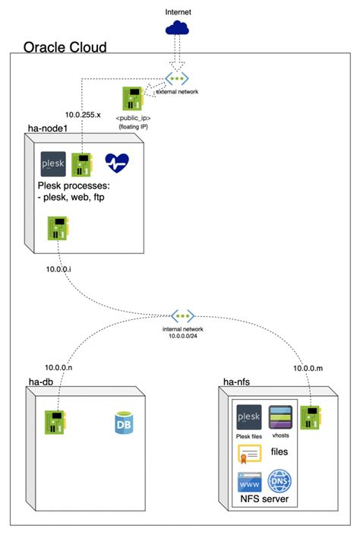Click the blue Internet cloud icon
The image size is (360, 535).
click(178, 28)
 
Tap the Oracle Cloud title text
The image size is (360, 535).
click(65, 47)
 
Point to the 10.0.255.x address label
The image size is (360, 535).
click(83, 115)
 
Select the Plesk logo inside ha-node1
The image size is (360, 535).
click(52, 163)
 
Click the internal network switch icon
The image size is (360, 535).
click(182, 315)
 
